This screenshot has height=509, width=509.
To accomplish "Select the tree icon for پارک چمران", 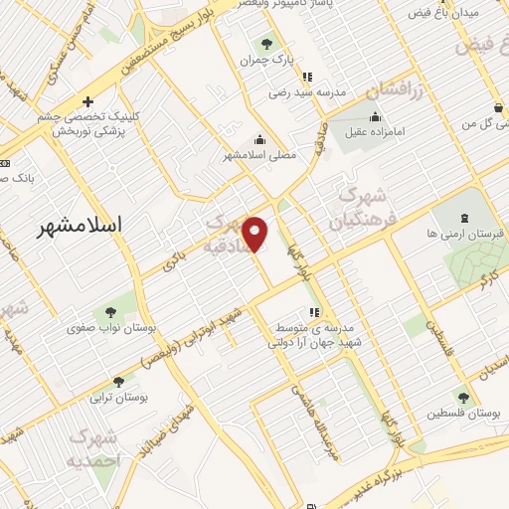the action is click(x=265, y=44).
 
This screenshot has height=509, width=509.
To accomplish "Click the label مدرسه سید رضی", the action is click(x=306, y=92).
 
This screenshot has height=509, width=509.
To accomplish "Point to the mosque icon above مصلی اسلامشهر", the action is click(x=259, y=139).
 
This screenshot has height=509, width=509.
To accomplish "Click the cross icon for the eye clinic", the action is click(x=88, y=101).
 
